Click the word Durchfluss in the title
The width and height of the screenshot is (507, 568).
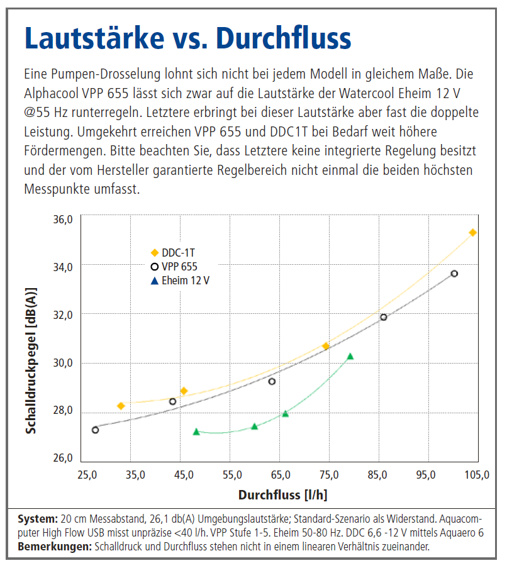point(284,39)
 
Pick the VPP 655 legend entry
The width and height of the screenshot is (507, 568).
point(179,267)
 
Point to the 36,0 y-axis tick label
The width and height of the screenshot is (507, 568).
point(63,219)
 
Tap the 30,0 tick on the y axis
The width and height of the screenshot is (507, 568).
point(63,363)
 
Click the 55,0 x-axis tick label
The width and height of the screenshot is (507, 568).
point(233,474)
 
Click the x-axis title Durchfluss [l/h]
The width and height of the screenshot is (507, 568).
point(282,495)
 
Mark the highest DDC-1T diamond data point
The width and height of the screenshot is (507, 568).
point(473,233)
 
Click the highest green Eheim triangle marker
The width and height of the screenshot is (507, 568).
point(350,357)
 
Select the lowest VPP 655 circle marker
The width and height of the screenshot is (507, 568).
point(95,430)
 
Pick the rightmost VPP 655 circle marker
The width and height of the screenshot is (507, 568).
point(454,274)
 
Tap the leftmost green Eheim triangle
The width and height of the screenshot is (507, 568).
point(196,432)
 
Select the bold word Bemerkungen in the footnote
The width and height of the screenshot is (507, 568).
point(55,547)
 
